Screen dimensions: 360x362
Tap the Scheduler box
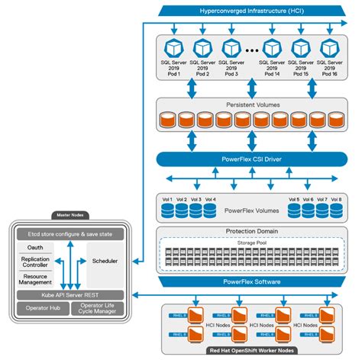tap(104, 260)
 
